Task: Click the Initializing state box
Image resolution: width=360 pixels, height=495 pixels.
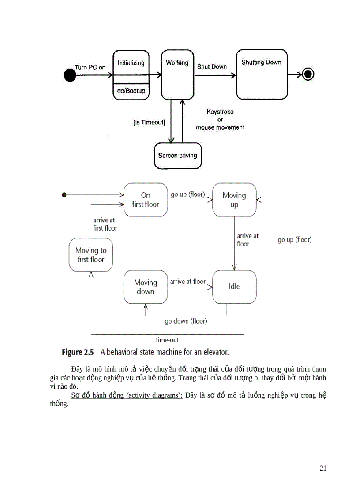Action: pyautogui.click(x=131, y=66)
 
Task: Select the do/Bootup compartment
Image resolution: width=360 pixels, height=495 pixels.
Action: pyautogui.click(x=131, y=91)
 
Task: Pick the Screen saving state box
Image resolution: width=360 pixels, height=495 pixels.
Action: pyautogui.click(x=178, y=156)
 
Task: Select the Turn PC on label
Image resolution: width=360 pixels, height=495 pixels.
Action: pyautogui.click(x=90, y=67)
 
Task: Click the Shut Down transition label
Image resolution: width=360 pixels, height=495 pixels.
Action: pyautogui.click(x=212, y=67)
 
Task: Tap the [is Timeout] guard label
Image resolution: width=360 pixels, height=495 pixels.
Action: pyautogui.click(x=149, y=123)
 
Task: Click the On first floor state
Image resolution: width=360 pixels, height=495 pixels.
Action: pyautogui.click(x=146, y=200)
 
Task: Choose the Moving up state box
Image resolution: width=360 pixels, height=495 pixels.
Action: pyautogui.click(x=234, y=200)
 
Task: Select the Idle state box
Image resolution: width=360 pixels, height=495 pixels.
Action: pyautogui.click(x=234, y=287)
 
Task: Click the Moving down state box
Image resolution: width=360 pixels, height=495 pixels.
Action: pyautogui.click(x=146, y=287)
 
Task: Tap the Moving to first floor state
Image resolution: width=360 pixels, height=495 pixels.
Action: pyautogui.click(x=91, y=255)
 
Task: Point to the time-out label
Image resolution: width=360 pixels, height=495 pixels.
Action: pyautogui.click(x=167, y=340)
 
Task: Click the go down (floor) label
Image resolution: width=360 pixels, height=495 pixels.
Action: pyautogui.click(x=186, y=321)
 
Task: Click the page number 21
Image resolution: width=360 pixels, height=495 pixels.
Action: pyautogui.click(x=323, y=468)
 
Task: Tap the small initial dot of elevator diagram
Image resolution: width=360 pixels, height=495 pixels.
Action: pyautogui.click(x=64, y=194)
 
